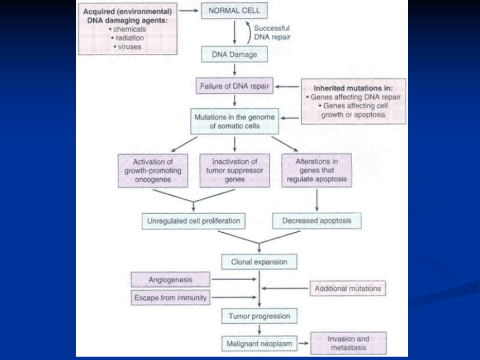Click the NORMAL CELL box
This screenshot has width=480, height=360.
click(x=234, y=11)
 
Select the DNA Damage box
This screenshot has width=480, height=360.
click(x=234, y=55)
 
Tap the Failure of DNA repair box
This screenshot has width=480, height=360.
click(x=234, y=86)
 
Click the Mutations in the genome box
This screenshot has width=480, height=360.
click(x=234, y=121)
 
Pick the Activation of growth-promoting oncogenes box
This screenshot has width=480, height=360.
click(x=153, y=170)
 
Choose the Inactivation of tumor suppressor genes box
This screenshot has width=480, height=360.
click(x=234, y=170)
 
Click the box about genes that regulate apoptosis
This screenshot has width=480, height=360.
click(x=316, y=170)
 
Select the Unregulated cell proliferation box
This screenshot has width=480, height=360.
click(x=194, y=221)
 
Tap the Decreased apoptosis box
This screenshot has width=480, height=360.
click(x=317, y=220)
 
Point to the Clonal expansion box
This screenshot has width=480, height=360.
click(x=260, y=262)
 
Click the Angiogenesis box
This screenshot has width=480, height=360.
click(x=170, y=280)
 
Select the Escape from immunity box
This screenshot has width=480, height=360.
click(x=170, y=297)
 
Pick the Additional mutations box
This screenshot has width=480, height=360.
click(x=348, y=289)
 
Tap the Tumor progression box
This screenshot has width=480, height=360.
click(x=260, y=316)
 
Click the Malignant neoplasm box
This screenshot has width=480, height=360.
click(x=260, y=343)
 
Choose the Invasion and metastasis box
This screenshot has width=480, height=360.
click(x=348, y=343)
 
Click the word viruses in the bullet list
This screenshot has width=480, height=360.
click(x=130, y=47)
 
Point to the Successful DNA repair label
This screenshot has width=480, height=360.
click(x=272, y=32)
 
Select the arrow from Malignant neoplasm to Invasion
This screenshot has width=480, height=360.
click(x=304, y=343)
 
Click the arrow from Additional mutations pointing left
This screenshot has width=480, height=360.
click(x=285, y=289)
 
